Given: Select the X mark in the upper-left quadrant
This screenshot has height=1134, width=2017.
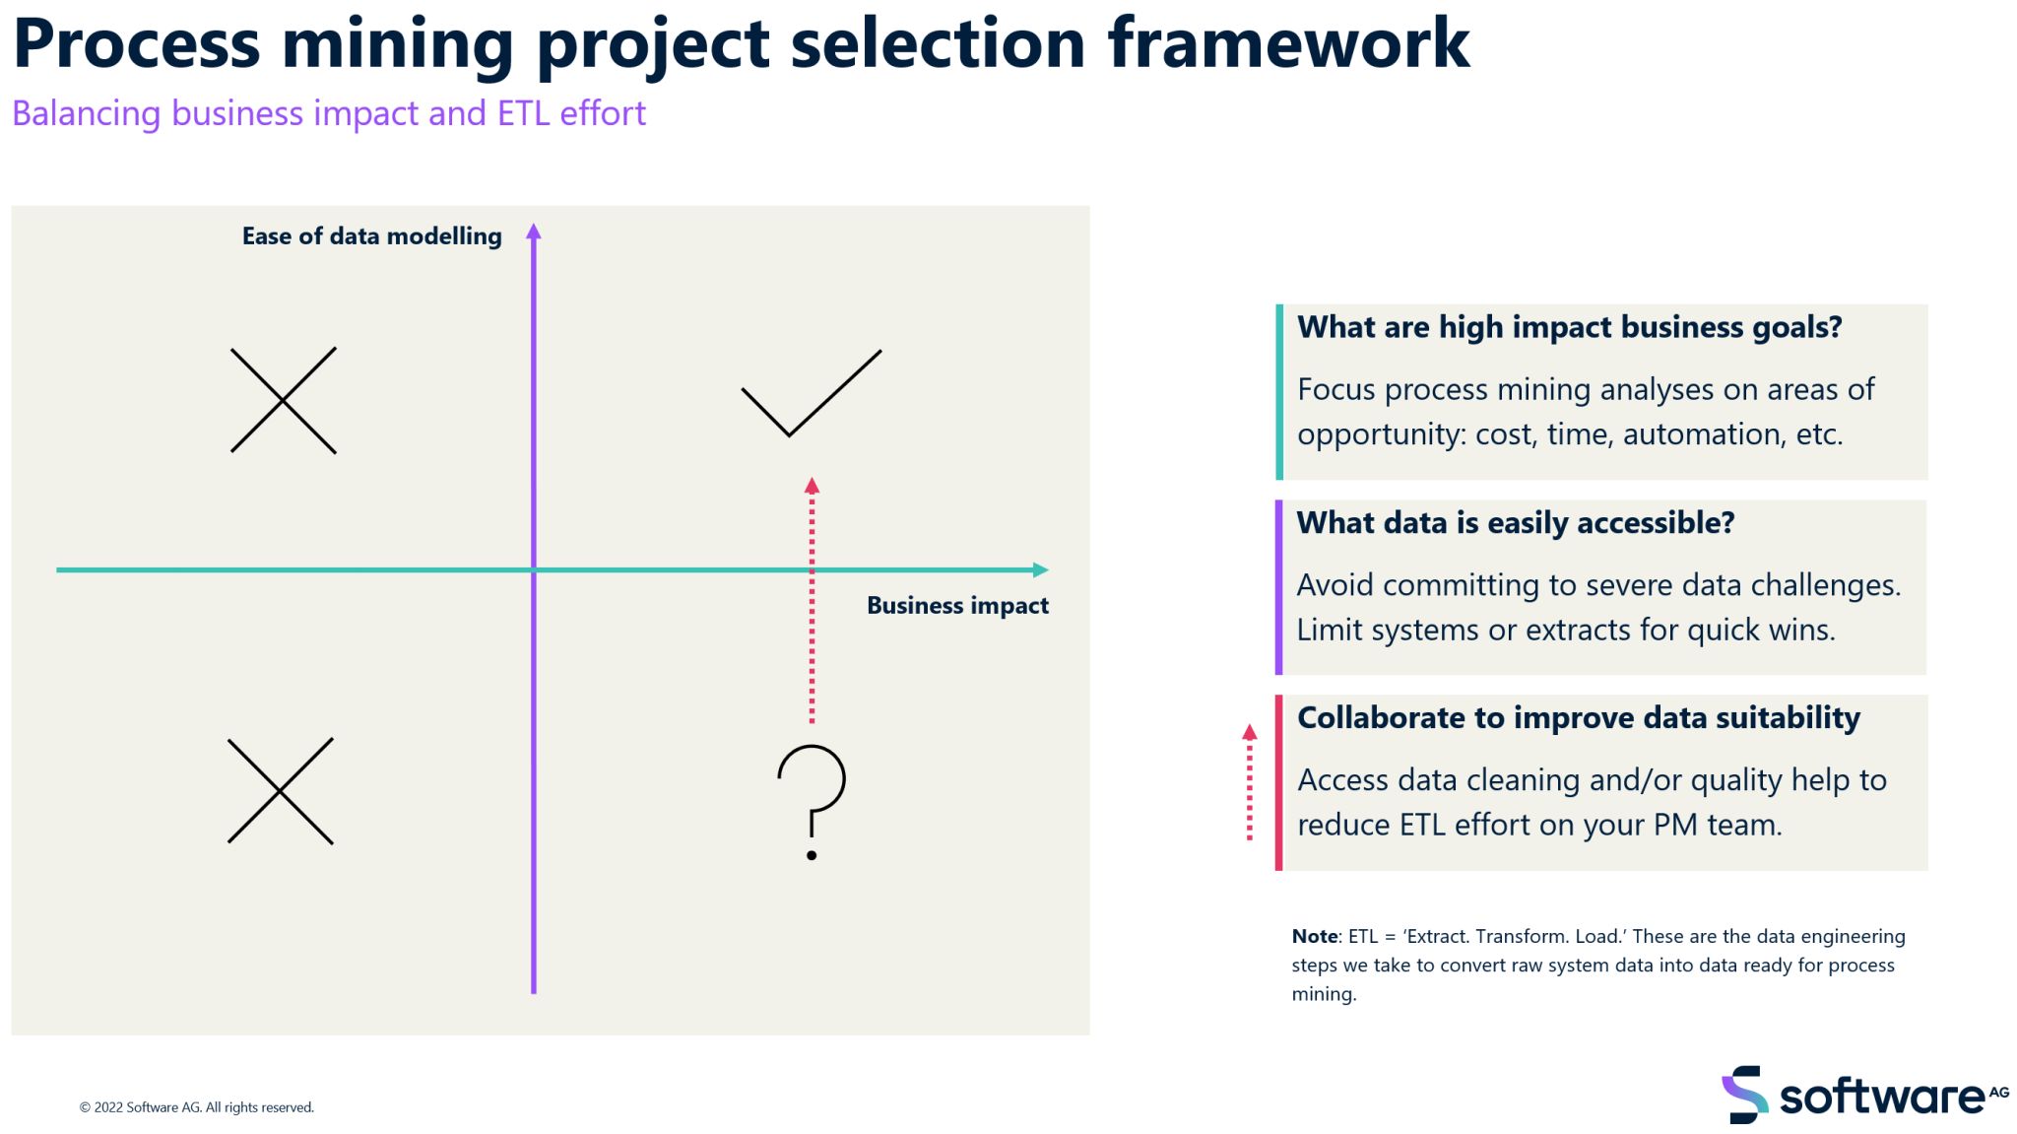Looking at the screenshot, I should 284,400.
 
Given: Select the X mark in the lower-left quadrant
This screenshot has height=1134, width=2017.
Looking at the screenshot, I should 281,791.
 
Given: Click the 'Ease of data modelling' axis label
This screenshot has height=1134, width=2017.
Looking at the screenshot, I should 371,236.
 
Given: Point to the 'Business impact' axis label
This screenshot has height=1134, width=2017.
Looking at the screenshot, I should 957,606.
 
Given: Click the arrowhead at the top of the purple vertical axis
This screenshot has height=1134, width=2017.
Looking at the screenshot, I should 534,233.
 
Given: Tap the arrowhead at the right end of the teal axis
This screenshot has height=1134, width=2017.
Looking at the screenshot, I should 1041,569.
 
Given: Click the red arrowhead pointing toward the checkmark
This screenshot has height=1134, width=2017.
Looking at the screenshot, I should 812,486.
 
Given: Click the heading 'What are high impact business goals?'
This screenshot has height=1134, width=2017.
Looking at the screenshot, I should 1569,327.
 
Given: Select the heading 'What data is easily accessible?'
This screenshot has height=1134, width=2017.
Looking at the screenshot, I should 1515,523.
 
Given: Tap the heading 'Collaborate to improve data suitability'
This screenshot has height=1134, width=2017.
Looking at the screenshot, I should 1578,718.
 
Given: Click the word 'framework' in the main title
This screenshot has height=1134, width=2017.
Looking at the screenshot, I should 1288,43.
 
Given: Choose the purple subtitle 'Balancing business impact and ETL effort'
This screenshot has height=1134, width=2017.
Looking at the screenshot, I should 329,114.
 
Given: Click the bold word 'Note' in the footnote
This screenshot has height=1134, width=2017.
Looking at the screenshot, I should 1314,936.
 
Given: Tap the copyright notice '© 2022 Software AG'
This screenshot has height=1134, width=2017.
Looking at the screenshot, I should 196,1107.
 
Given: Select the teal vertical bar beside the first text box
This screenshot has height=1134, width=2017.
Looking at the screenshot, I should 1279,391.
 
